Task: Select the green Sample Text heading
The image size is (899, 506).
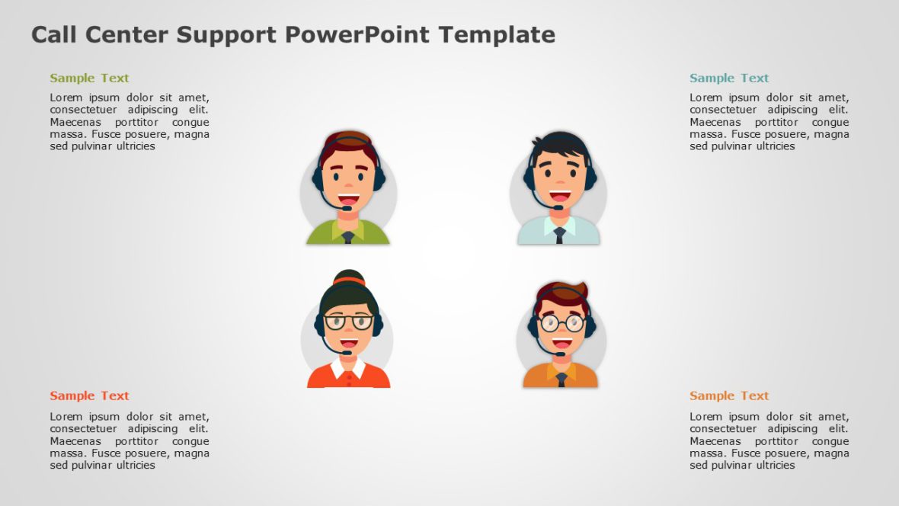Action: (89, 78)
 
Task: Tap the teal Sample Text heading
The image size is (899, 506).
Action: (729, 78)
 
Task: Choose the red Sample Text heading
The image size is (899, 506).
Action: (89, 396)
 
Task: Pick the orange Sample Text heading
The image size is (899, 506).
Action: (729, 396)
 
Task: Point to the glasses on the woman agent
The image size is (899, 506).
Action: (349, 322)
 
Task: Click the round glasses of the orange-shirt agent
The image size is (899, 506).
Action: (561, 323)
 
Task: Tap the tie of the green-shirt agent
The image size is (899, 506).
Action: (348, 237)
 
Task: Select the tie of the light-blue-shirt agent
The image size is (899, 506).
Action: (559, 235)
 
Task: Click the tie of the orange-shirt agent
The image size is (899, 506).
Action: (561, 379)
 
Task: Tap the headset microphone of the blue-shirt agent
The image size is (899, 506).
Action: (558, 207)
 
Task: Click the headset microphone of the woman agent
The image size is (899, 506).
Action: (347, 353)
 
